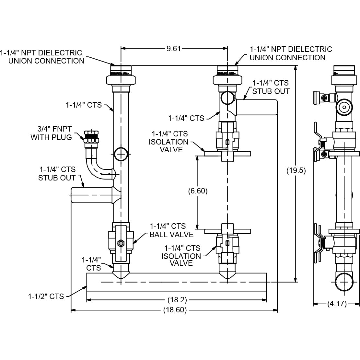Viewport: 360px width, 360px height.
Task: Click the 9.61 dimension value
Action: [174, 49]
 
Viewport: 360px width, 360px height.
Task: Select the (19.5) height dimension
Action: [296, 170]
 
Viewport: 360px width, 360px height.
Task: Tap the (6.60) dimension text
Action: [198, 191]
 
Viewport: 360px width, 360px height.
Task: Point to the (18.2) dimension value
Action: [177, 300]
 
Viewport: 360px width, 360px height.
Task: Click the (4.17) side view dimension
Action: [337, 304]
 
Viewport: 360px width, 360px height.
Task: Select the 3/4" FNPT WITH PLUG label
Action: [51, 133]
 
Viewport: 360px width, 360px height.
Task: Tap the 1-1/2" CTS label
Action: [46, 296]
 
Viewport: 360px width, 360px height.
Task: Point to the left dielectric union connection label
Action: [41, 57]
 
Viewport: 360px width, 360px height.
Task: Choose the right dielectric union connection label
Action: [291, 53]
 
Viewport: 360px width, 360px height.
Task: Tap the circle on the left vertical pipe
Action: [121, 154]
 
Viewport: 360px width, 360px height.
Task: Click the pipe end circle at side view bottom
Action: [344, 282]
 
